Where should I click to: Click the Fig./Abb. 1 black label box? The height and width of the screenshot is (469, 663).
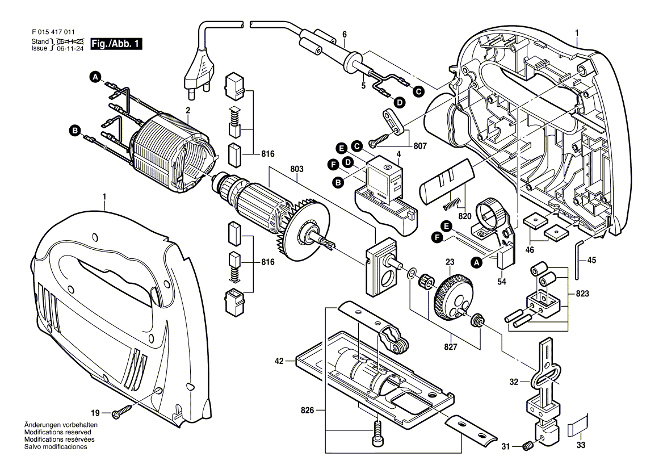[113, 44]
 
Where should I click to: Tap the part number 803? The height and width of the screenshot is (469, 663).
[297, 169]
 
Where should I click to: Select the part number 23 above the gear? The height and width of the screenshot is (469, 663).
[450, 263]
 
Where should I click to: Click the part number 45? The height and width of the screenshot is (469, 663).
[591, 261]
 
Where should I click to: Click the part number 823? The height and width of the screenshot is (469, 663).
[582, 294]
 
